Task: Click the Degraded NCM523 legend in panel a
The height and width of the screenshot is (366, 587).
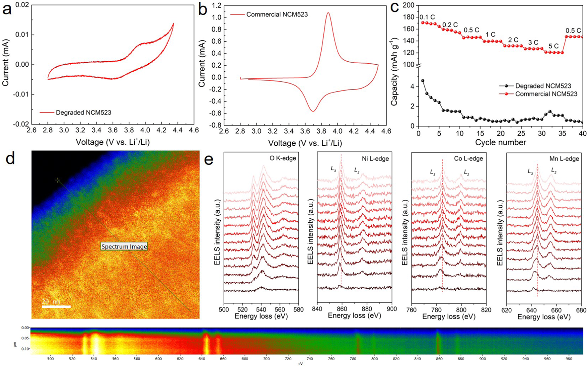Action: tap(83, 113)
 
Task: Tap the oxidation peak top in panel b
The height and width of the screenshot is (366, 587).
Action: tap(328, 13)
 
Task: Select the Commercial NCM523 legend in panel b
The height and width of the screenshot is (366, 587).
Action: tap(277, 14)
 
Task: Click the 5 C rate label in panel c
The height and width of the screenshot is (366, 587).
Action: tap(553, 46)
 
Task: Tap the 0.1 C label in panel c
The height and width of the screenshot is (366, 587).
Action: tap(427, 17)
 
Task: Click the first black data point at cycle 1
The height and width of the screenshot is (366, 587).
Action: tap(422, 81)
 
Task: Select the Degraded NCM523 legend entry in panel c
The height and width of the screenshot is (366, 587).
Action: tap(543, 86)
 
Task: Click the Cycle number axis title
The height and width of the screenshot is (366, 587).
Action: tap(500, 142)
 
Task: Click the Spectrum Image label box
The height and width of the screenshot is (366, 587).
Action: tap(124, 247)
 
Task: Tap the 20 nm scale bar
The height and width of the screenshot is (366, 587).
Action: tap(56, 306)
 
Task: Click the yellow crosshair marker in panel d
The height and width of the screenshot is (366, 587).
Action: tap(58, 180)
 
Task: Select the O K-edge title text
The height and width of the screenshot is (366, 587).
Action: tap(284, 158)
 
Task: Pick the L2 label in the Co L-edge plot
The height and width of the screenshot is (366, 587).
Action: tap(466, 172)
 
